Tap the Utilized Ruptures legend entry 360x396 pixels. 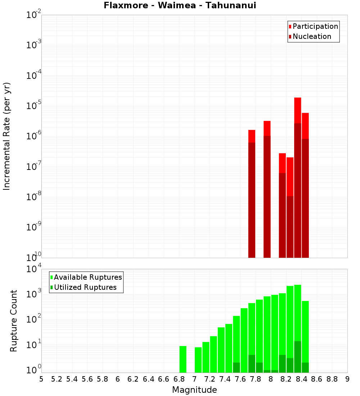(x=85, y=287)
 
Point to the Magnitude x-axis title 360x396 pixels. (x=194, y=390)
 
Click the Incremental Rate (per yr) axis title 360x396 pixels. (x=7, y=136)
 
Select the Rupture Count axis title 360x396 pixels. (x=14, y=320)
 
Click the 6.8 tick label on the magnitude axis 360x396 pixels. (x=179, y=379)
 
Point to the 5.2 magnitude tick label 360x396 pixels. (x=57, y=379)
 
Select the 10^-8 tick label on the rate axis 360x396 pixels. (x=33, y=197)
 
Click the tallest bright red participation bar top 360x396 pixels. (x=297, y=98)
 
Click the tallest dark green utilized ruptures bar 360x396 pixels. (x=297, y=356)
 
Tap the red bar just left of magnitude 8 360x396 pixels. (x=267, y=128)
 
